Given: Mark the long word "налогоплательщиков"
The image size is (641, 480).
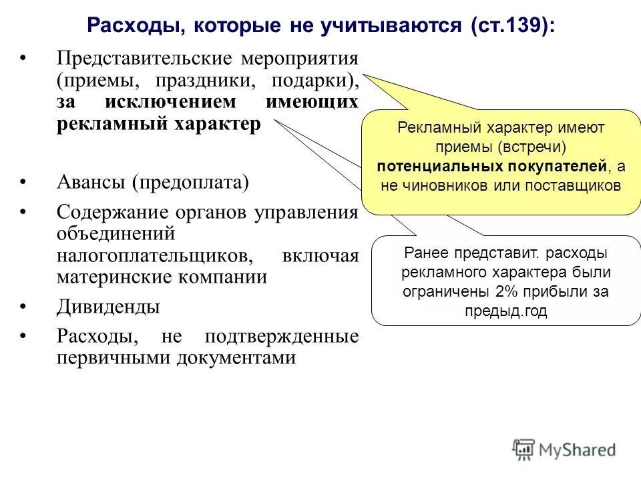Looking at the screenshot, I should [x=155, y=256].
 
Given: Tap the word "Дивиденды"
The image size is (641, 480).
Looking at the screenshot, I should [x=108, y=307].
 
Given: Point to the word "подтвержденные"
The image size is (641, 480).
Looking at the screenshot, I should [x=282, y=336].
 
